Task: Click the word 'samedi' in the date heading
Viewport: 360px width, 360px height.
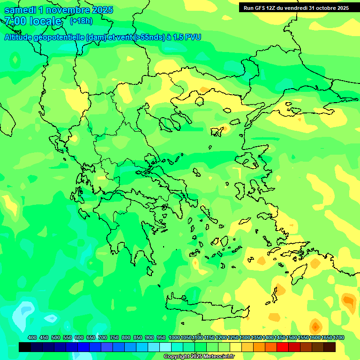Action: pyautogui.click(x=20, y=9)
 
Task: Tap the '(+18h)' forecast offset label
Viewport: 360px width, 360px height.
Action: pyautogui.click(x=81, y=21)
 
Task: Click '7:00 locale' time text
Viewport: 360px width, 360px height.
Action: pyautogui.click(x=33, y=22)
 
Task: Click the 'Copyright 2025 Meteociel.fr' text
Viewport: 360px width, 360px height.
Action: pyautogui.click(x=199, y=357)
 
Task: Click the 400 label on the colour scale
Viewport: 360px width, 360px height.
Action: pyautogui.click(x=32, y=338)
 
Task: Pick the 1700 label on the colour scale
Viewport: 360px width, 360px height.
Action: pyautogui.click(x=338, y=338)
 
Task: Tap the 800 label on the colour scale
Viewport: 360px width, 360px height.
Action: pyautogui.click(x=126, y=338)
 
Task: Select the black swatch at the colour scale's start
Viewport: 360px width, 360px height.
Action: pyautogui.click(x=25, y=347)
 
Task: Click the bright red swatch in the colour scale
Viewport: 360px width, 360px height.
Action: pyautogui.click(x=283, y=347)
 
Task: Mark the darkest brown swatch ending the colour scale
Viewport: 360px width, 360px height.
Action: pyautogui.click(x=330, y=347)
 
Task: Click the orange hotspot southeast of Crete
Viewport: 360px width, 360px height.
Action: pyautogui.click(x=315, y=325)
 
